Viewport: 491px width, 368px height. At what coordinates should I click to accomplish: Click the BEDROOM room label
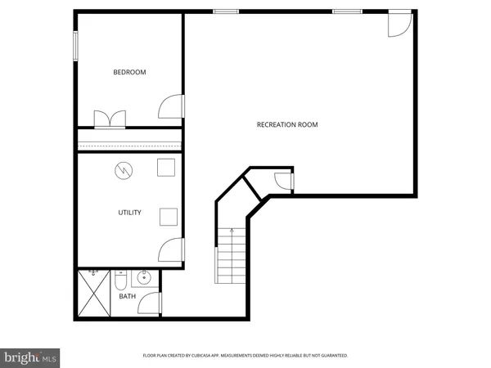tap(129, 73)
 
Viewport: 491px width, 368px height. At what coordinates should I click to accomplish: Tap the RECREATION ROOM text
tap(287, 125)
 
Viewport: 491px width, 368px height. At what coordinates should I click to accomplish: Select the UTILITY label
tap(129, 213)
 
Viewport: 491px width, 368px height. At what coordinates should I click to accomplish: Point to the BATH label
tap(128, 296)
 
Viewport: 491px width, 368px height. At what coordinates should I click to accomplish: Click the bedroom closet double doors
tap(110, 119)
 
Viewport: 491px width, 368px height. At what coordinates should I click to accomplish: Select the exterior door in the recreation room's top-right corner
tap(399, 23)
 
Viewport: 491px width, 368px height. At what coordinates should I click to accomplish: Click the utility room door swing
tap(172, 249)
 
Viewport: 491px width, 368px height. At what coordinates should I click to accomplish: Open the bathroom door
tap(151, 304)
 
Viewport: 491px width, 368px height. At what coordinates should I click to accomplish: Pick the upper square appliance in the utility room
tap(167, 167)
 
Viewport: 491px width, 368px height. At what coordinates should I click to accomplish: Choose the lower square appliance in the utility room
tap(169, 216)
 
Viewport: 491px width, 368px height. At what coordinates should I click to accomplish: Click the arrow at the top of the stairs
tap(232, 231)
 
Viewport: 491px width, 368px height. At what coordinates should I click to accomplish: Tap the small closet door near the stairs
tap(282, 182)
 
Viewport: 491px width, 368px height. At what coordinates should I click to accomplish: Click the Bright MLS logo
tap(30, 357)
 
